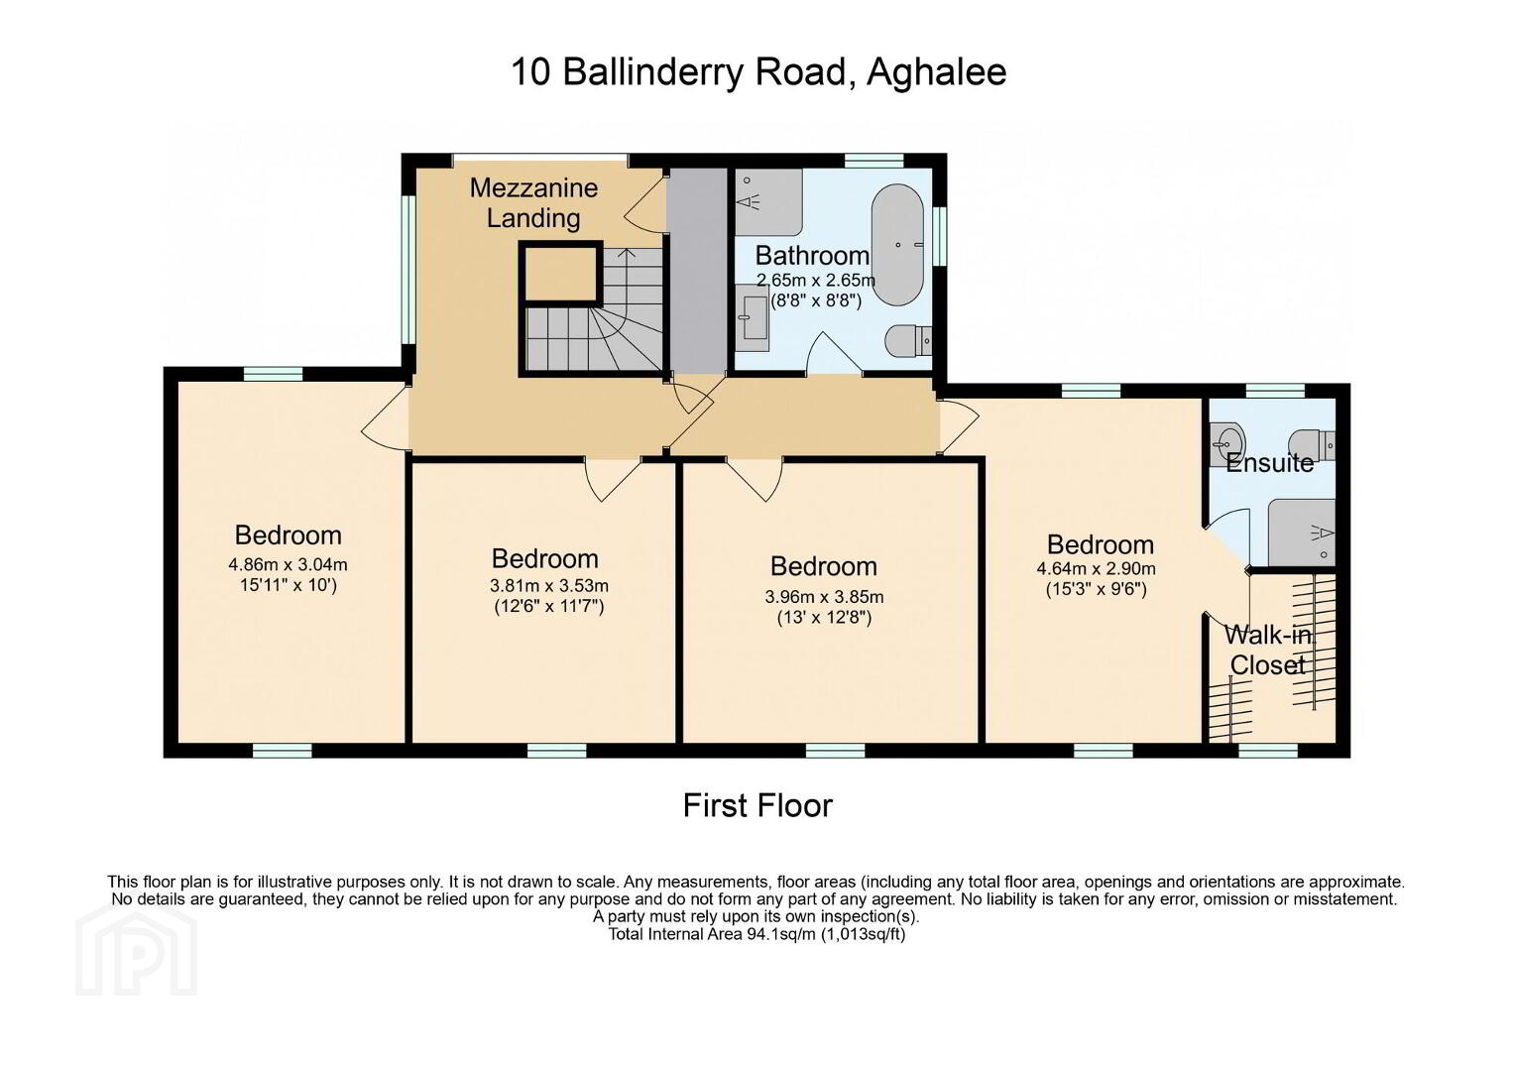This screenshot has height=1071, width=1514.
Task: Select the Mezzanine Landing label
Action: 533,203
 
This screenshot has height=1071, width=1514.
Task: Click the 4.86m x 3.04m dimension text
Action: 288,564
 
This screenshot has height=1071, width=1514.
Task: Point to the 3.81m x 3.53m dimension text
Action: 549,585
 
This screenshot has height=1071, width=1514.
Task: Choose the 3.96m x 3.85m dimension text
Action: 824,597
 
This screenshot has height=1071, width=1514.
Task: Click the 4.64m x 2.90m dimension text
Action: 1096,568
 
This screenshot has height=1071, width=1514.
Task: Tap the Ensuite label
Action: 1269,463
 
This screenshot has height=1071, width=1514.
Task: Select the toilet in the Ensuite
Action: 1311,444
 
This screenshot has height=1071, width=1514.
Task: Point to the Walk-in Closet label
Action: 1268,650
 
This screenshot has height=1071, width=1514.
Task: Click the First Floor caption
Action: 757,805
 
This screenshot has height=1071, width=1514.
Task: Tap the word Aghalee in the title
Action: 936,71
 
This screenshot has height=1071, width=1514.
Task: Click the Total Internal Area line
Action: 757,934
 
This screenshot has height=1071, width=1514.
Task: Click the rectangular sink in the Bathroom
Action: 752,317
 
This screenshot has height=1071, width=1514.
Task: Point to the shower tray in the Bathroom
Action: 767,201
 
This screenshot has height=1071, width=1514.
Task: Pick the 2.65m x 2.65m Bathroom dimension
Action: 816,280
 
